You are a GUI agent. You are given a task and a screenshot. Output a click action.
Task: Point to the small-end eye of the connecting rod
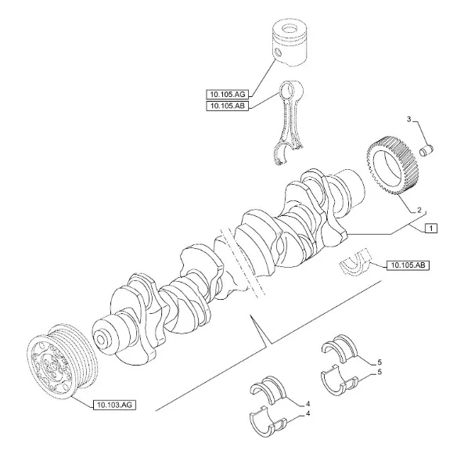(x=295, y=92)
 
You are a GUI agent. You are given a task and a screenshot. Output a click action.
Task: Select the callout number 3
(x=408, y=118)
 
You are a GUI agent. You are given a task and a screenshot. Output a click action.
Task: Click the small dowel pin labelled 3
(x=426, y=147)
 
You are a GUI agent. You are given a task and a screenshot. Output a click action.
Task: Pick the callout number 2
(x=420, y=210)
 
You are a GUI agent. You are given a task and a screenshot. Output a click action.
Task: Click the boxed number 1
(x=430, y=228)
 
